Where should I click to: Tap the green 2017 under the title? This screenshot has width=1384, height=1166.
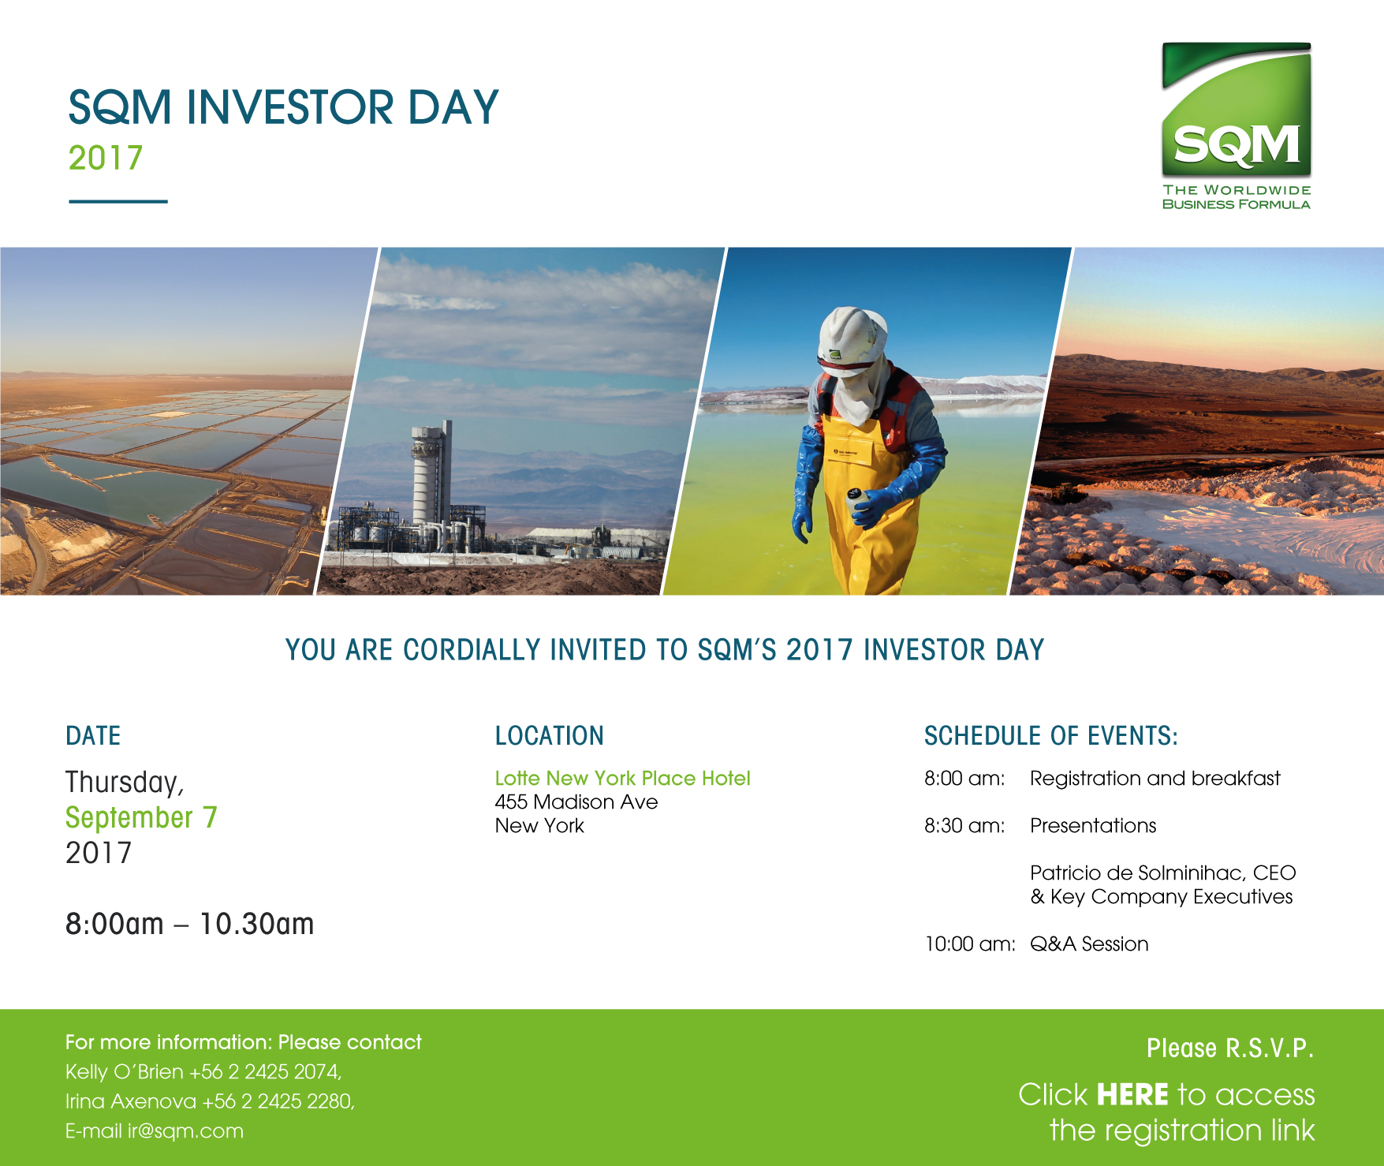click(106, 159)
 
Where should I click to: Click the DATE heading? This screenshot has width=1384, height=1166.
click(93, 735)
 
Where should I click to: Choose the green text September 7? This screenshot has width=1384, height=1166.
click(141, 818)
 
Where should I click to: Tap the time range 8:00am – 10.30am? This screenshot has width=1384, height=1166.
click(189, 924)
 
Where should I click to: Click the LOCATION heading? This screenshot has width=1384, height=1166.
click(550, 735)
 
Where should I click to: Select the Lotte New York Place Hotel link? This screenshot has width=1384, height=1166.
click(623, 778)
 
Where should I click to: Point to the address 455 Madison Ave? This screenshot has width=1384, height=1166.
click(576, 802)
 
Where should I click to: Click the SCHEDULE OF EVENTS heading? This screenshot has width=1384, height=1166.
click(1051, 735)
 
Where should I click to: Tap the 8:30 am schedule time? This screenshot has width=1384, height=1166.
click(964, 826)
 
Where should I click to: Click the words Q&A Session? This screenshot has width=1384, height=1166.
click(1089, 944)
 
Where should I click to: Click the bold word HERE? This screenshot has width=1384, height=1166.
click(1132, 1095)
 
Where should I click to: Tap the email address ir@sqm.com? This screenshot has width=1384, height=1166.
click(185, 1131)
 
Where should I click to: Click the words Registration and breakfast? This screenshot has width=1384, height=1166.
click(1155, 779)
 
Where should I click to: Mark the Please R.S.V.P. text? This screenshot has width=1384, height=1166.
click(1230, 1048)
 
